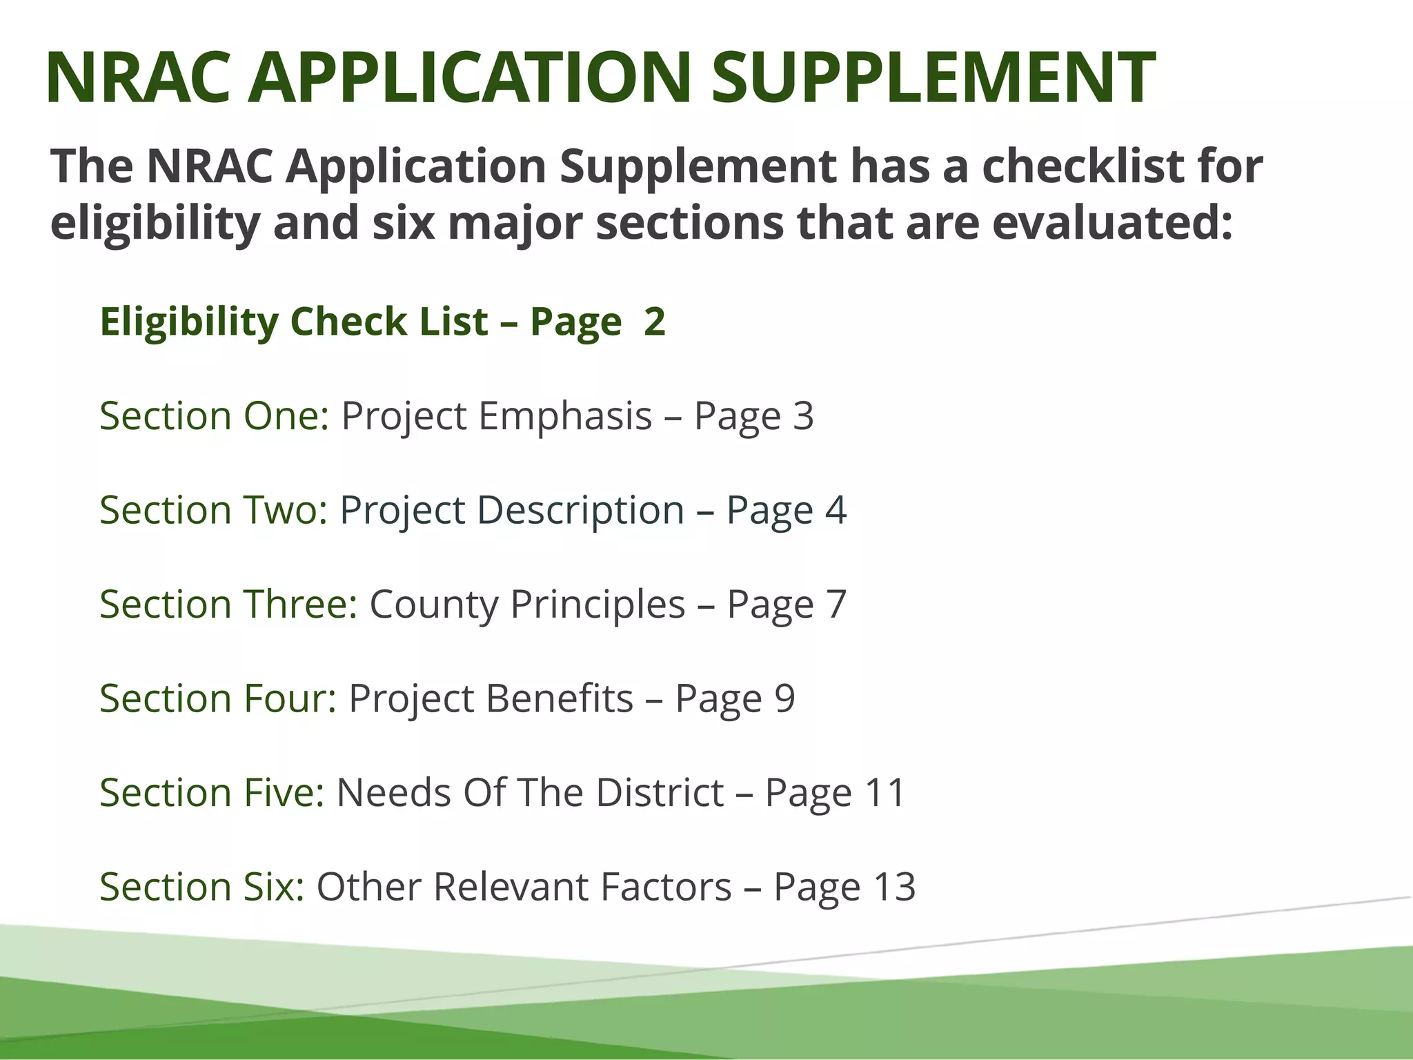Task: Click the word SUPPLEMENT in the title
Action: (933, 77)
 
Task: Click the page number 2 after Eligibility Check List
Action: (654, 322)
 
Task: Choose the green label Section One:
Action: (215, 416)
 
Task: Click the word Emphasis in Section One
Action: (565, 416)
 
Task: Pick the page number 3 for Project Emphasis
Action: (803, 416)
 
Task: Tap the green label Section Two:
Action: (214, 510)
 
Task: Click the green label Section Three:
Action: (228, 604)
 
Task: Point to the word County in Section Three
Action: (434, 604)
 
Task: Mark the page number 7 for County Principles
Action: (836, 604)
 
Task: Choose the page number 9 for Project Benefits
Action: (784, 698)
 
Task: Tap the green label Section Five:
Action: (212, 792)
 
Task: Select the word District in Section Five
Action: (660, 792)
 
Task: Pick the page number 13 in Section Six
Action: (894, 887)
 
